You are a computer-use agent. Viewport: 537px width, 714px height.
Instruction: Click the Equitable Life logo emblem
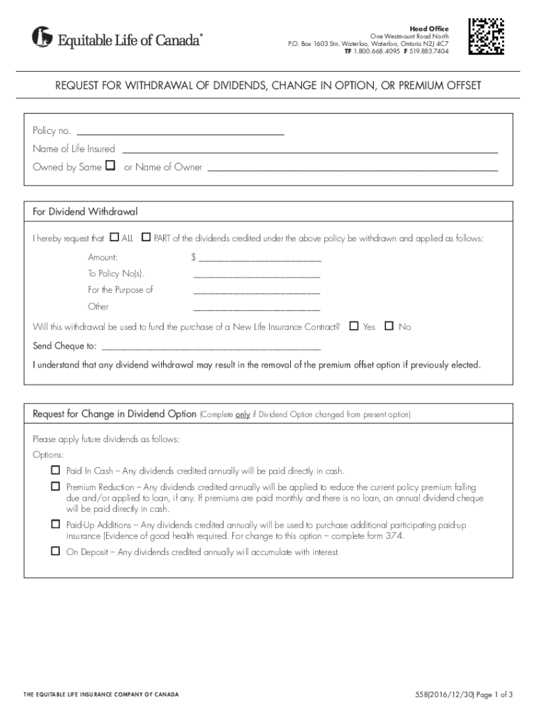pyautogui.click(x=42, y=37)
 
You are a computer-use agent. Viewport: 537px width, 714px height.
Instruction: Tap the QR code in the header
pyautogui.click(x=487, y=36)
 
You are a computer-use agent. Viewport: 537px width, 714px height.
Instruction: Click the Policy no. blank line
pyautogui.click(x=181, y=131)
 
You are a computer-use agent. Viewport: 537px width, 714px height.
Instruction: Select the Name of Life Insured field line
pyautogui.click(x=310, y=149)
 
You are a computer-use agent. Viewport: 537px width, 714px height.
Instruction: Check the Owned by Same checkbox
pyautogui.click(x=109, y=166)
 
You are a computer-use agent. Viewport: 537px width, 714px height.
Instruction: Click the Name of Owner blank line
pyautogui.click(x=353, y=167)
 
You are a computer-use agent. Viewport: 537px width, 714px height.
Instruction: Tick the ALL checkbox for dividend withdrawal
pyautogui.click(x=115, y=238)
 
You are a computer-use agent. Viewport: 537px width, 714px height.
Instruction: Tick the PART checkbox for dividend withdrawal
pyautogui.click(x=146, y=238)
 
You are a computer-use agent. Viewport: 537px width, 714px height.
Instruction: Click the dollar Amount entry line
pyautogui.click(x=259, y=259)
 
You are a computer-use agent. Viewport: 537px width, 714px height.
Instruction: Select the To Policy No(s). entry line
pyautogui.click(x=256, y=275)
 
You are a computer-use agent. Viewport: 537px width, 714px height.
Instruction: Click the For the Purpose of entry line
pyautogui.click(x=256, y=291)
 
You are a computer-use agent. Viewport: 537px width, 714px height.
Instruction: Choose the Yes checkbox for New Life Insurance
pyautogui.click(x=354, y=326)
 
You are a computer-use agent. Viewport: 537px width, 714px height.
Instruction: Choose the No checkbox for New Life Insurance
pyautogui.click(x=389, y=326)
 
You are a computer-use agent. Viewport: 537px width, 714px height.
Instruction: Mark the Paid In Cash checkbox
pyautogui.click(x=55, y=470)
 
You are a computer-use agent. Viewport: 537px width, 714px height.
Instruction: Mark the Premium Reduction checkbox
pyautogui.click(x=55, y=486)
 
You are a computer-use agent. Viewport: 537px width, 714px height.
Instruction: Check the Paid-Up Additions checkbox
pyautogui.click(x=55, y=523)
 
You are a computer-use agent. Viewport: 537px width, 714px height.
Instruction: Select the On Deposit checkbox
pyautogui.click(x=55, y=551)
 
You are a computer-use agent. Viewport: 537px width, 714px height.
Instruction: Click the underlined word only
pyautogui.click(x=242, y=414)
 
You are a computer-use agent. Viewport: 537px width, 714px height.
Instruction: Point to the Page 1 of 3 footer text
pyautogui.click(x=493, y=694)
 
